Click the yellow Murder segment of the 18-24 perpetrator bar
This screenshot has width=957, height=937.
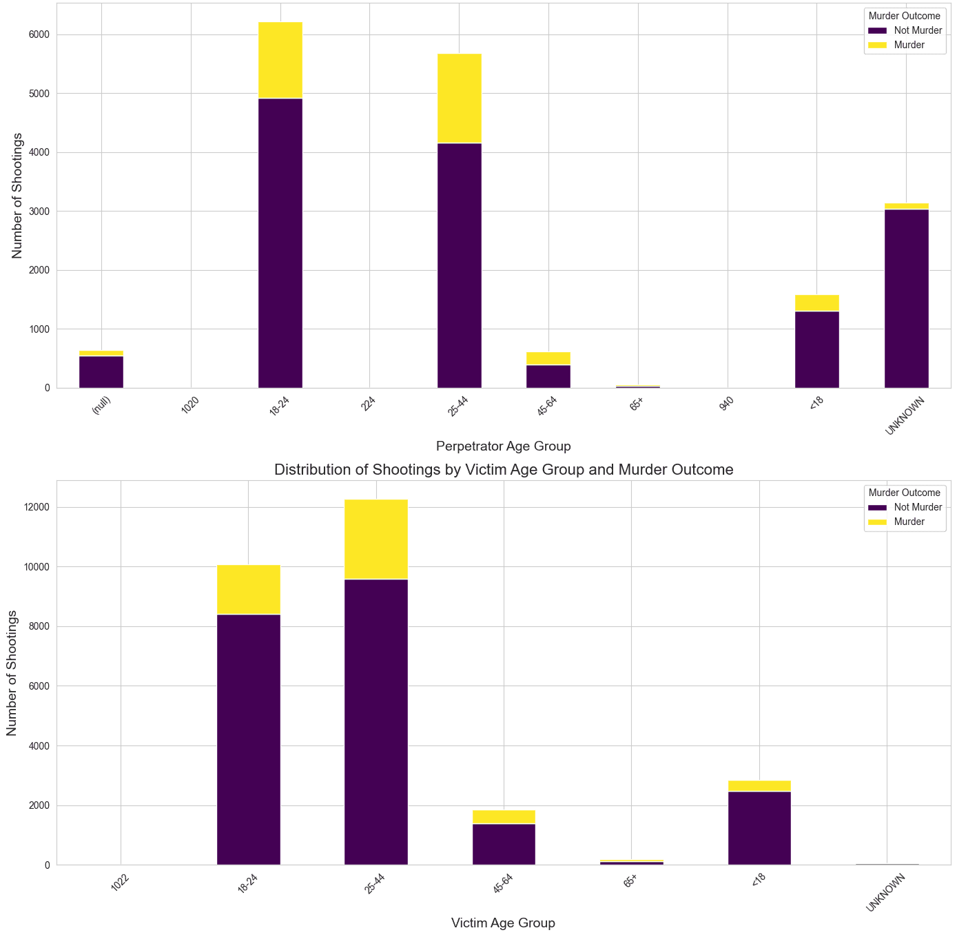(x=280, y=60)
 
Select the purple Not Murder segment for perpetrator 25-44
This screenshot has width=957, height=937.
(x=460, y=265)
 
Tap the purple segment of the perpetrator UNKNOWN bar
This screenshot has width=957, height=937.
(x=906, y=298)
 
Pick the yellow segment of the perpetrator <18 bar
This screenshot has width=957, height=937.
(x=817, y=303)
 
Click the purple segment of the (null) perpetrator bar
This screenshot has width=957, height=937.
(x=101, y=372)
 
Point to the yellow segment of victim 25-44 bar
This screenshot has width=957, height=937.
(x=376, y=539)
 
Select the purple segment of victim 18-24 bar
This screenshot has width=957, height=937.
(x=249, y=739)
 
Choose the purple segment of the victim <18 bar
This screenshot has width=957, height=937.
(x=759, y=828)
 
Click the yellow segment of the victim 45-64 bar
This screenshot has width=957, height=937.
(x=504, y=817)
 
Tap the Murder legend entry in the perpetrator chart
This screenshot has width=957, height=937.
(x=909, y=45)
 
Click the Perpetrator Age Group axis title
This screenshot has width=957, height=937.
(x=504, y=446)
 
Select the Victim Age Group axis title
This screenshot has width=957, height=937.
(x=503, y=923)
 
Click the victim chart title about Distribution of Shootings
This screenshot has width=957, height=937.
(x=504, y=470)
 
